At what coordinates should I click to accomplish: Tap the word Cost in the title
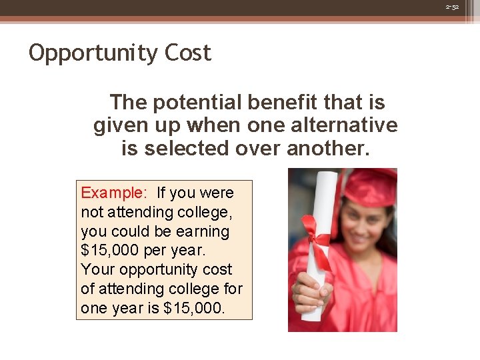(187, 53)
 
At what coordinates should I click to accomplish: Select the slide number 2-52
(452, 7)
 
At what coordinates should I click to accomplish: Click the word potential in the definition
(197, 103)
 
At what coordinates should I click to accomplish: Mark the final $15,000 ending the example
(195, 308)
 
